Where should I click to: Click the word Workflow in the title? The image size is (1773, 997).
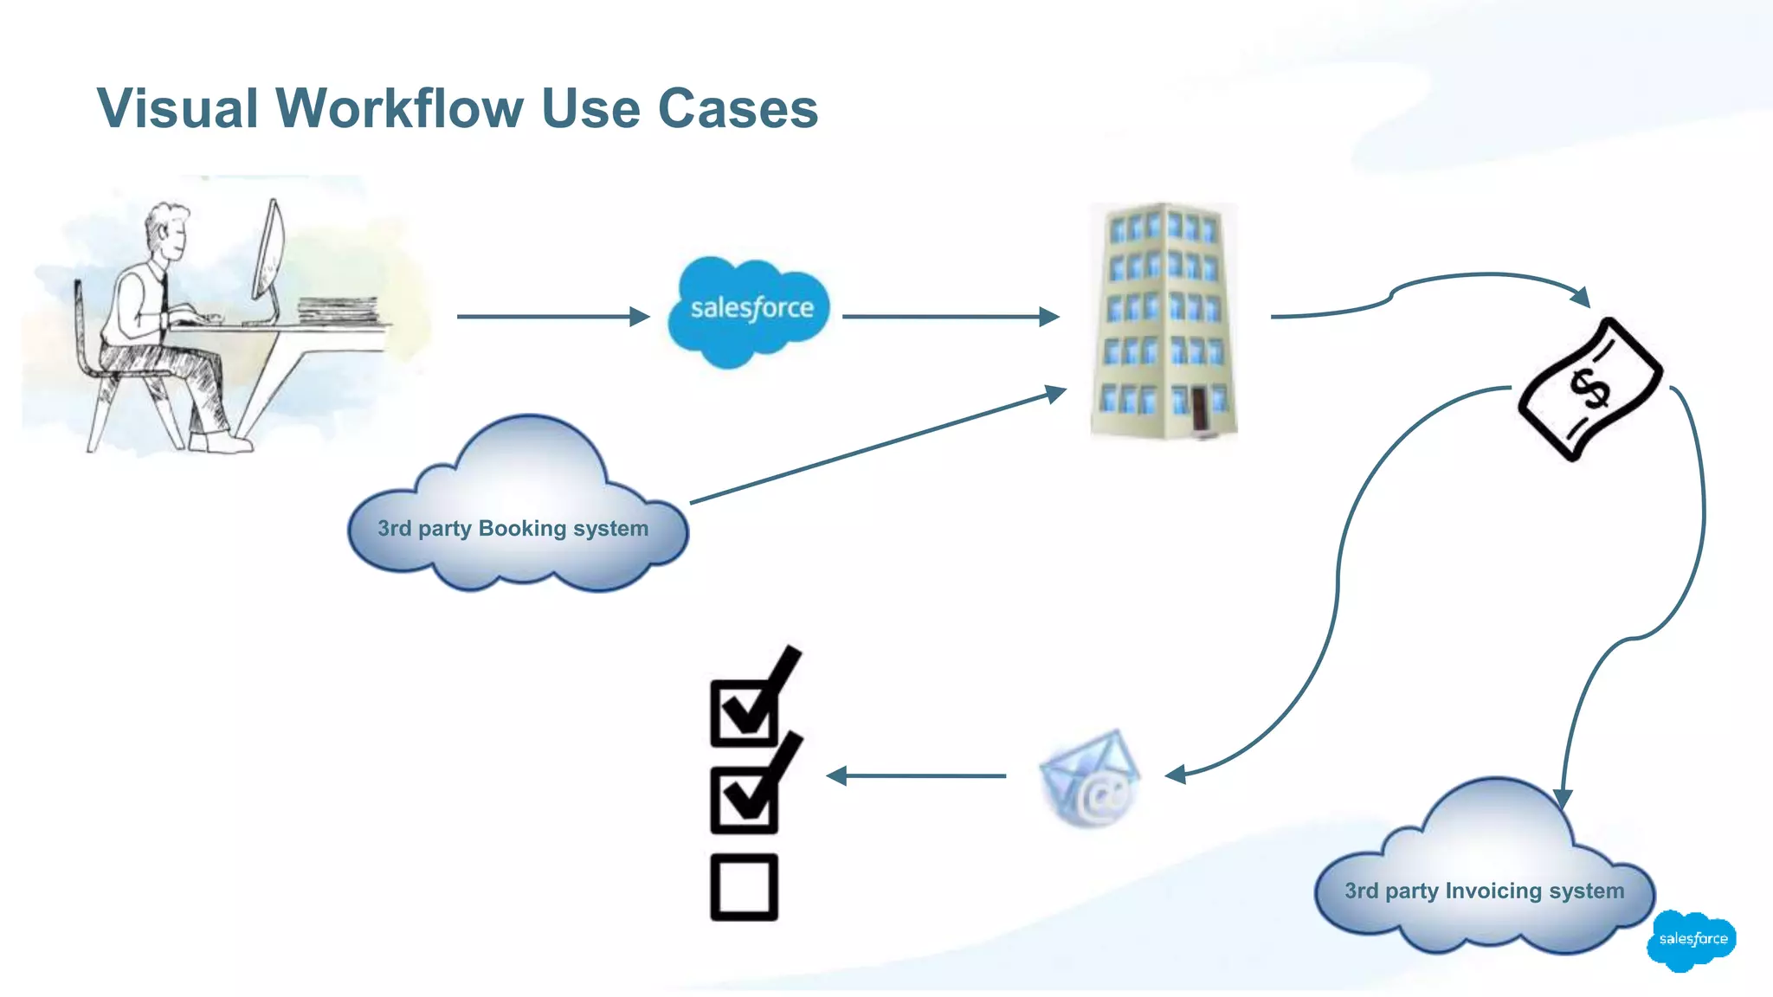(x=399, y=109)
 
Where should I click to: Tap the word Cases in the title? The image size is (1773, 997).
(x=738, y=109)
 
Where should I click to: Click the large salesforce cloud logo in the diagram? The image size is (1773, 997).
(x=750, y=310)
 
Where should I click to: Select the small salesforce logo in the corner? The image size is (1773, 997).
(x=1692, y=939)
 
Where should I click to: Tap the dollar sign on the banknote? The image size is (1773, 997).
(x=1591, y=388)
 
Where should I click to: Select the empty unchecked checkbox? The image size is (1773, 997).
(x=744, y=887)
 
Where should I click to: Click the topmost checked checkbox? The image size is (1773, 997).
(x=744, y=713)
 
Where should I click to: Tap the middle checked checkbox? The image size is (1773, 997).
(x=744, y=800)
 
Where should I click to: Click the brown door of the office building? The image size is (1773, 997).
(x=1199, y=409)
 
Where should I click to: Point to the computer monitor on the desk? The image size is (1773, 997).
(x=269, y=251)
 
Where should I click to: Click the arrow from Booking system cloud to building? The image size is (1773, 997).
(x=874, y=447)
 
